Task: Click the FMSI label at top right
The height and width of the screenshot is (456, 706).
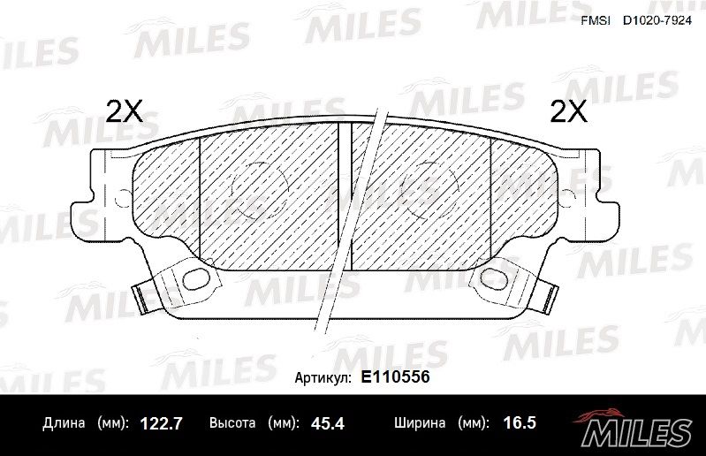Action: [596, 21]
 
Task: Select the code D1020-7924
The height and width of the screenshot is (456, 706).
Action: [657, 21]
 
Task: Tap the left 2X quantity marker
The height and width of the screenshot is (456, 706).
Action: [124, 111]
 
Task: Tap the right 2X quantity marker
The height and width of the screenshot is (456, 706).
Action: [569, 111]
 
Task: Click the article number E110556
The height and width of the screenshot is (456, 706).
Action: [395, 376]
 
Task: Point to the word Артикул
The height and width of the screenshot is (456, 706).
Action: [323, 377]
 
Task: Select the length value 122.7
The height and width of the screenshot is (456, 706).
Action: [161, 423]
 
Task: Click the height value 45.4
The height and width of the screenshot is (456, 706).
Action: [327, 423]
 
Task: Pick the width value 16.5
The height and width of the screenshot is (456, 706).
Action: [520, 423]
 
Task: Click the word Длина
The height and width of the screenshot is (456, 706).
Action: [64, 423]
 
